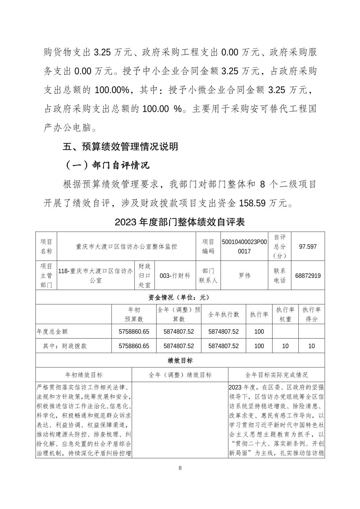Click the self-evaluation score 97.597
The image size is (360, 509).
308,246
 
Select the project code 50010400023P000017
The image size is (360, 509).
244,246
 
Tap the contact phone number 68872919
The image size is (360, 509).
308,276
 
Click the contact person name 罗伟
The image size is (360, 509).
244,276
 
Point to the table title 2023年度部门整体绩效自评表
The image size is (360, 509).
180,222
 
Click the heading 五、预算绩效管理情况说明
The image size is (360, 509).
121,147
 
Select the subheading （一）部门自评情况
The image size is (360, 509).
107,165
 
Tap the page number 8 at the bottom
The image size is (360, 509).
180,468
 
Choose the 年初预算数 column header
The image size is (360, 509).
134,314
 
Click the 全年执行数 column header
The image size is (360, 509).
224,314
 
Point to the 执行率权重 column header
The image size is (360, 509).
285,314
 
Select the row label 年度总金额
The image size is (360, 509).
52,332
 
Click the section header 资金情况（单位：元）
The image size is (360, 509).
180,297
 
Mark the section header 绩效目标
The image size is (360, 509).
180,360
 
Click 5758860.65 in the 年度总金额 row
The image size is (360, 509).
134,332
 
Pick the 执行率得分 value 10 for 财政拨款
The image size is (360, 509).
311,346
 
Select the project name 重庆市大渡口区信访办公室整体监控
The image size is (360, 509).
126,246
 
